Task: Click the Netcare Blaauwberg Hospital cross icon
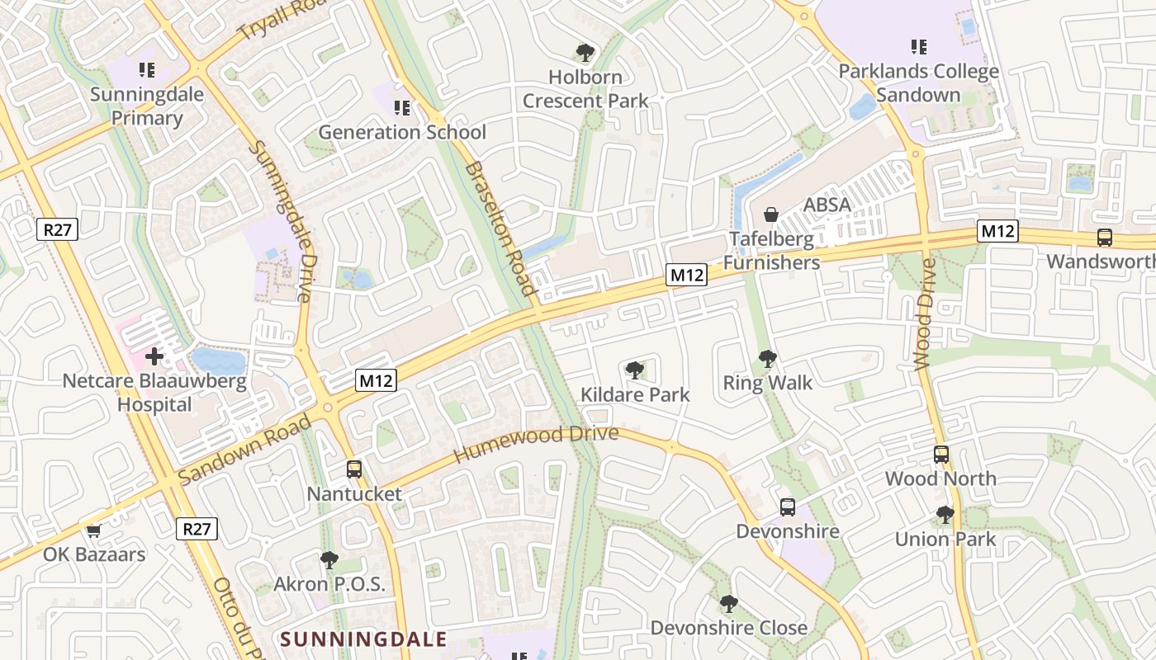[154, 357]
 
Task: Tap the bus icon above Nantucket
[354, 469]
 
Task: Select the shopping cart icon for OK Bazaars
[93, 530]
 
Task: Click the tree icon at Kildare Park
[634, 370]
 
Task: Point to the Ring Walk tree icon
[767, 359]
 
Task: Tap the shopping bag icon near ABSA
[771, 214]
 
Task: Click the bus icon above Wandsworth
[1105, 238]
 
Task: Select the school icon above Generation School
[402, 108]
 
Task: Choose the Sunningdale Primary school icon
[147, 70]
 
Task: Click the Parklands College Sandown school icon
[918, 47]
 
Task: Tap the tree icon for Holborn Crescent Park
[585, 54]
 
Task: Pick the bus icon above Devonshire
[788, 507]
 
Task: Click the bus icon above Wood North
[941, 454]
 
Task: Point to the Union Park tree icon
[945, 516]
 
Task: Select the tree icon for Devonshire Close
[728, 604]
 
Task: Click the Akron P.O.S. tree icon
[329, 560]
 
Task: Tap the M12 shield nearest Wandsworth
[997, 231]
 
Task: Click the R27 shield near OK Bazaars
[197, 529]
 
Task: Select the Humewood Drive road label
[535, 444]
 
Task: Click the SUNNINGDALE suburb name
[363, 639]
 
